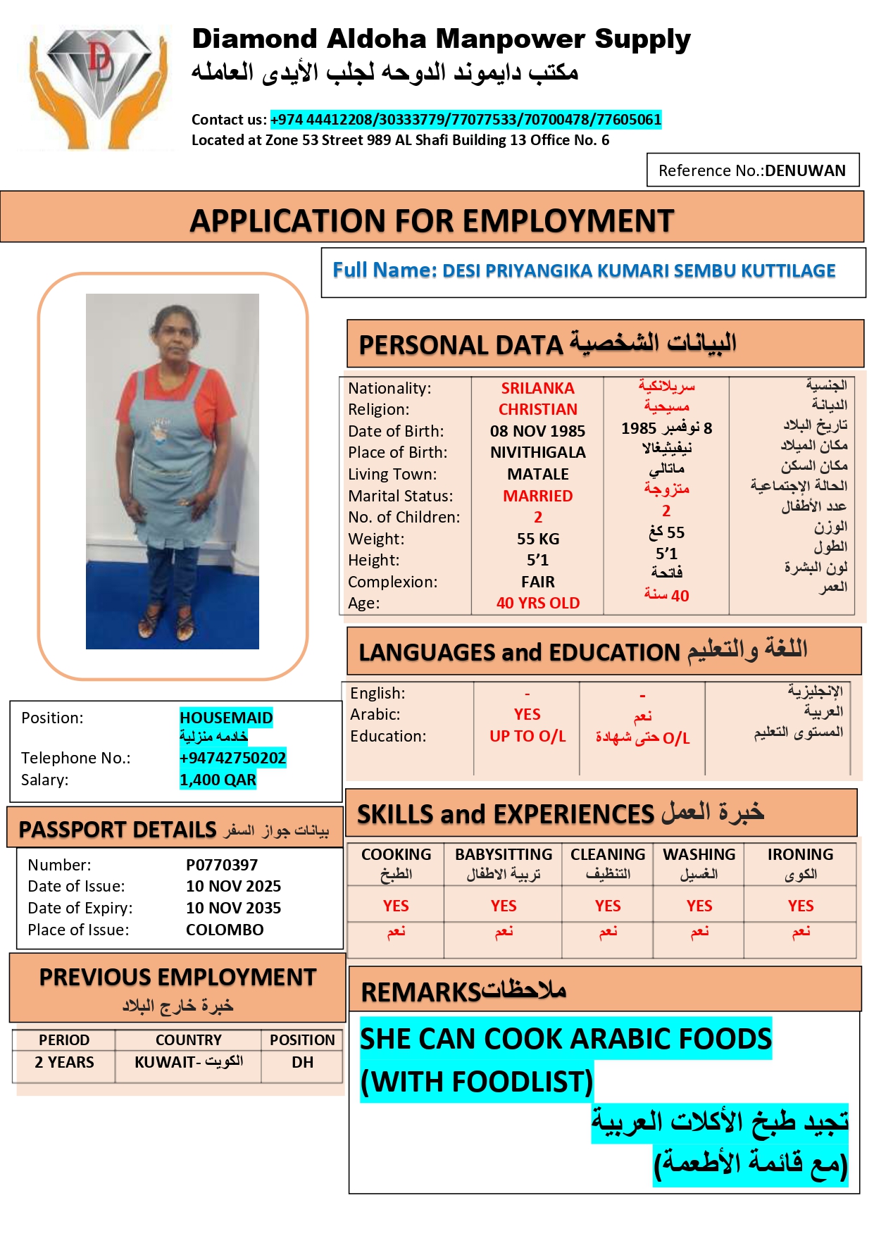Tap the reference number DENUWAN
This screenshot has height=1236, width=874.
point(805,171)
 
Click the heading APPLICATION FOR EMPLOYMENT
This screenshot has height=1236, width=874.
point(432,221)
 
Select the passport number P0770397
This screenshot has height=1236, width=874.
point(222,865)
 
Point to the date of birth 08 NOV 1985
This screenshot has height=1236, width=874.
point(537,431)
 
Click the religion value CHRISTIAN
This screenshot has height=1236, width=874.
point(537,409)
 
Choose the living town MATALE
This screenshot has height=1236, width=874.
point(537,474)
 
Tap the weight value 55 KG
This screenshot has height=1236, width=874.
point(537,539)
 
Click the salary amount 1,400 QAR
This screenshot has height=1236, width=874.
point(218,780)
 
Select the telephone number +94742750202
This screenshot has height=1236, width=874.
point(232,758)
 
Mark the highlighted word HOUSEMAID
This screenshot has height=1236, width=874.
point(226,718)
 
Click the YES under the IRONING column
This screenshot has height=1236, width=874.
point(800,906)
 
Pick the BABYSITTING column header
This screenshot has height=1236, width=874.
point(503,855)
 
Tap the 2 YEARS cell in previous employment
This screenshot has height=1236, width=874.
point(64,1062)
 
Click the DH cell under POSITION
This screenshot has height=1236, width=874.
point(302,1062)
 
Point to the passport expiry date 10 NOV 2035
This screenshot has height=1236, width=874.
point(233,908)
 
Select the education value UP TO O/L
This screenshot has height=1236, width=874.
point(527,736)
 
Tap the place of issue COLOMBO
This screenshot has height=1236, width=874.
point(225,930)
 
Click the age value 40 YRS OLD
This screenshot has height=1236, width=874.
point(537,603)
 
